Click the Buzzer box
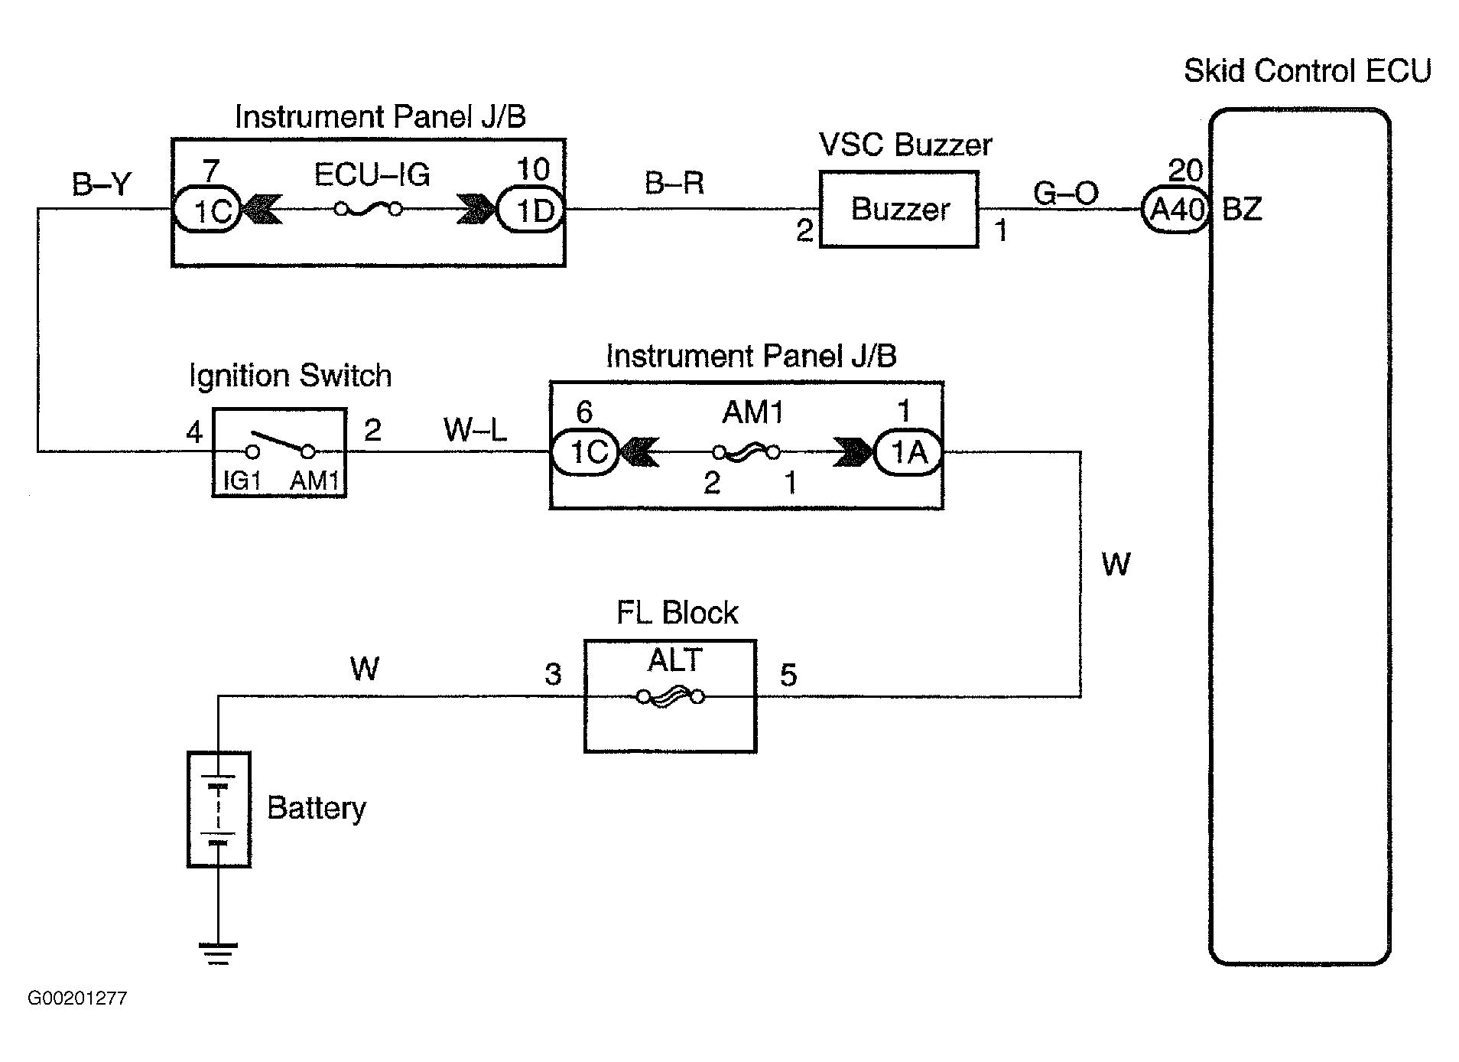(x=898, y=209)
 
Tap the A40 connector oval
(x=1175, y=209)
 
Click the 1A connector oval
(x=908, y=453)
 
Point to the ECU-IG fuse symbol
(x=369, y=209)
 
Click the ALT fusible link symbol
(x=671, y=696)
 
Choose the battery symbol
(x=219, y=810)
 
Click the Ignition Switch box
(x=279, y=453)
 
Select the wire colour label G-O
(x=1065, y=194)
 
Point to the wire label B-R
(x=674, y=184)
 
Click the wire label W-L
(x=475, y=430)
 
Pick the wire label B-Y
(x=101, y=184)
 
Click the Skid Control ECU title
(x=1307, y=71)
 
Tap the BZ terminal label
(x=1242, y=209)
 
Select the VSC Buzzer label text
(x=905, y=145)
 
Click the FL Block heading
(x=677, y=613)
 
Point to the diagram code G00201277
(x=77, y=998)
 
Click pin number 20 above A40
(x=1185, y=170)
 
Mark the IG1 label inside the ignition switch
(x=242, y=481)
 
